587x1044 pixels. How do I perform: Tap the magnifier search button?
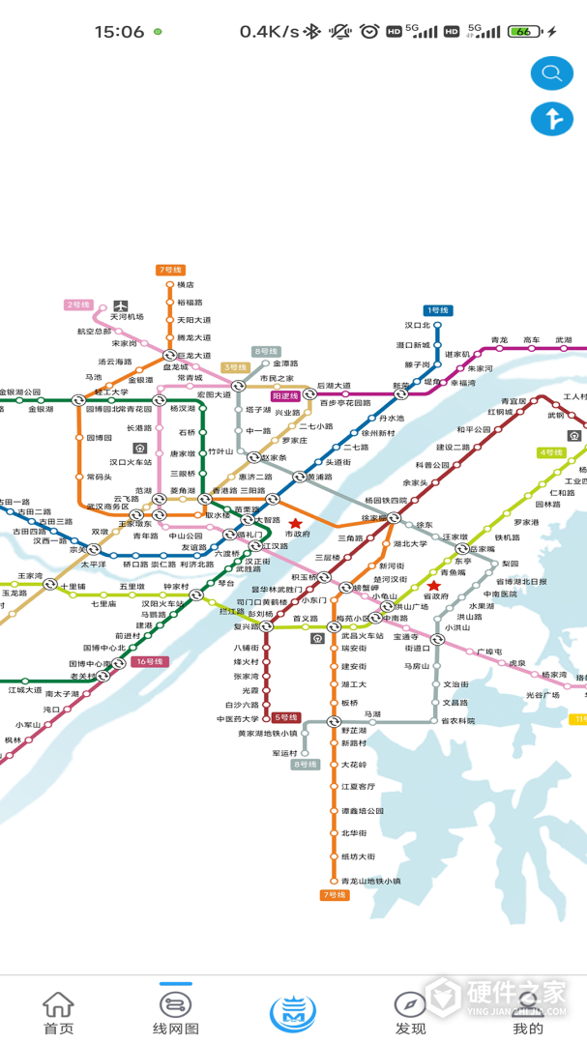[x=552, y=72]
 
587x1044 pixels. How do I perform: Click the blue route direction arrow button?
[x=552, y=119]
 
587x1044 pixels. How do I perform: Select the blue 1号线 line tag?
[x=438, y=310]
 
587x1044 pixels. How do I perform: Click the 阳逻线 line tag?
[x=285, y=396]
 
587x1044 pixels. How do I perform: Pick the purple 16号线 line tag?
[x=149, y=662]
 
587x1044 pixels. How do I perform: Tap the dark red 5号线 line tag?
[x=286, y=717]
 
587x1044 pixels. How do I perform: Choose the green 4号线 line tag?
[x=551, y=452]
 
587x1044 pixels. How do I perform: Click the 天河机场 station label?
[x=127, y=317]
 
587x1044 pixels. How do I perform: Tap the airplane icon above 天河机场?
[x=121, y=304]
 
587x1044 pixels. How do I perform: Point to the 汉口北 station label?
[x=418, y=326]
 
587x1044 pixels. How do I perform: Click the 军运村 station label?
[x=283, y=753]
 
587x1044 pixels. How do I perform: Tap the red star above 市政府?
[x=295, y=523]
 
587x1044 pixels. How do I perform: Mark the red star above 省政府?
[x=433, y=586]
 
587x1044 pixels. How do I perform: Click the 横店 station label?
[x=185, y=285]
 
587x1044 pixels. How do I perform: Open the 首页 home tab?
[x=58, y=1013]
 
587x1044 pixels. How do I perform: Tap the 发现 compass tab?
[x=410, y=1013]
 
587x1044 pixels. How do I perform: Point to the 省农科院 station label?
[x=458, y=720]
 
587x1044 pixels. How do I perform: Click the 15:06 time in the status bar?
[x=119, y=32]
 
